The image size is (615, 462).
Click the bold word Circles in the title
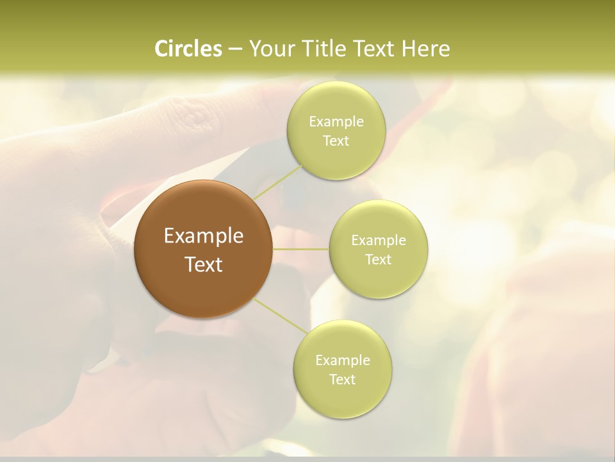[188, 49]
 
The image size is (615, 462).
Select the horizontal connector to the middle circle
[301, 249]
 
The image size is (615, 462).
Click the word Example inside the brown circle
[204, 236]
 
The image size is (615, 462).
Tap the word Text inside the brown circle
[204, 264]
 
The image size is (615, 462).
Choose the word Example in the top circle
[336, 122]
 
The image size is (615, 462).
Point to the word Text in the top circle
[336, 141]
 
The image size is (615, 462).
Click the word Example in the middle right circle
[379, 241]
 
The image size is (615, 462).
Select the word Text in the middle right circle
[379, 260]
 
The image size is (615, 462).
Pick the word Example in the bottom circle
[343, 361]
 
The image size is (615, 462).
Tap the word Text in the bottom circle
[343, 380]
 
